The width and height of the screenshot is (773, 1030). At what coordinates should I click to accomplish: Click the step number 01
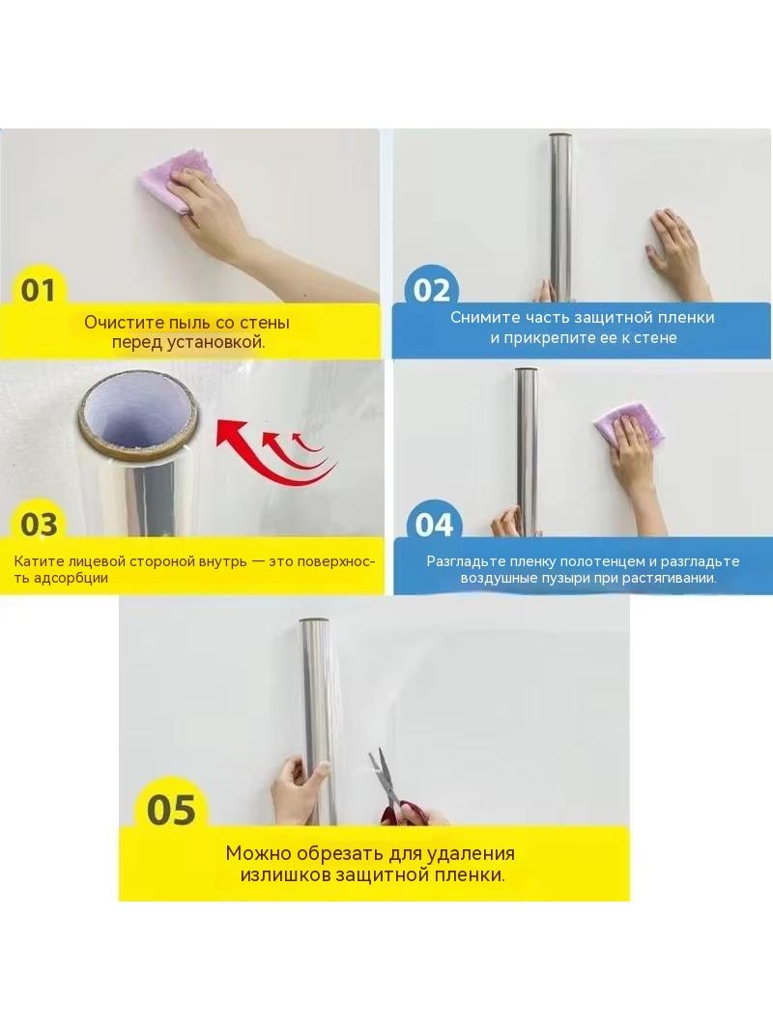[x=38, y=290]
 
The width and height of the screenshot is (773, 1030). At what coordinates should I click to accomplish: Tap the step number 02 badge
[x=432, y=290]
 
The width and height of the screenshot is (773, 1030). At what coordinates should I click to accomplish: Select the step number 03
[x=39, y=525]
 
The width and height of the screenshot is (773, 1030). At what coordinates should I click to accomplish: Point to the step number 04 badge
[x=434, y=525]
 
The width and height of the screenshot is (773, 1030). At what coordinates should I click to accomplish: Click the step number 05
[x=171, y=810]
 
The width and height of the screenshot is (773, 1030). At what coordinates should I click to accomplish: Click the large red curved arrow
[x=272, y=453]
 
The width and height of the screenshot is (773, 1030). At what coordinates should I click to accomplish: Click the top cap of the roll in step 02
[x=560, y=136]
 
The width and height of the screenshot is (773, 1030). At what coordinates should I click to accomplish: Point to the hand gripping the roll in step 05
[x=299, y=788]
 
